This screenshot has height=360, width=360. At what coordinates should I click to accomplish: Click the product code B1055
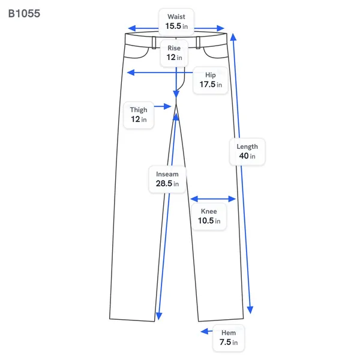pyautogui.click(x=24, y=14)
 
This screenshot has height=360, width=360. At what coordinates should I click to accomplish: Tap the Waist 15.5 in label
pyautogui.click(x=176, y=22)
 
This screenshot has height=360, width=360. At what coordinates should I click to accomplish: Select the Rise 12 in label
pyautogui.click(x=174, y=53)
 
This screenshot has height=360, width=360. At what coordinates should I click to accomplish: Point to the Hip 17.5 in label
pyautogui.click(x=211, y=80)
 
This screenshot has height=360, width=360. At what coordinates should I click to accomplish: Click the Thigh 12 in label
pyautogui.click(x=139, y=115)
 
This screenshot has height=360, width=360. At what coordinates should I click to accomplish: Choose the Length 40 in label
pyautogui.click(x=247, y=152)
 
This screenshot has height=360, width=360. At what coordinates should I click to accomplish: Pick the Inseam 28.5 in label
pyautogui.click(x=167, y=179)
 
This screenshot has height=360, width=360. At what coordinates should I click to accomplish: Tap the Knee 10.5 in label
pyautogui.click(x=209, y=216)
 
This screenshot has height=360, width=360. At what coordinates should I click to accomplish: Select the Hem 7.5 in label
pyautogui.click(x=229, y=338)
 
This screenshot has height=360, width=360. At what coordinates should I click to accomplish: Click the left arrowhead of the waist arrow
pyautogui.click(x=132, y=28)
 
